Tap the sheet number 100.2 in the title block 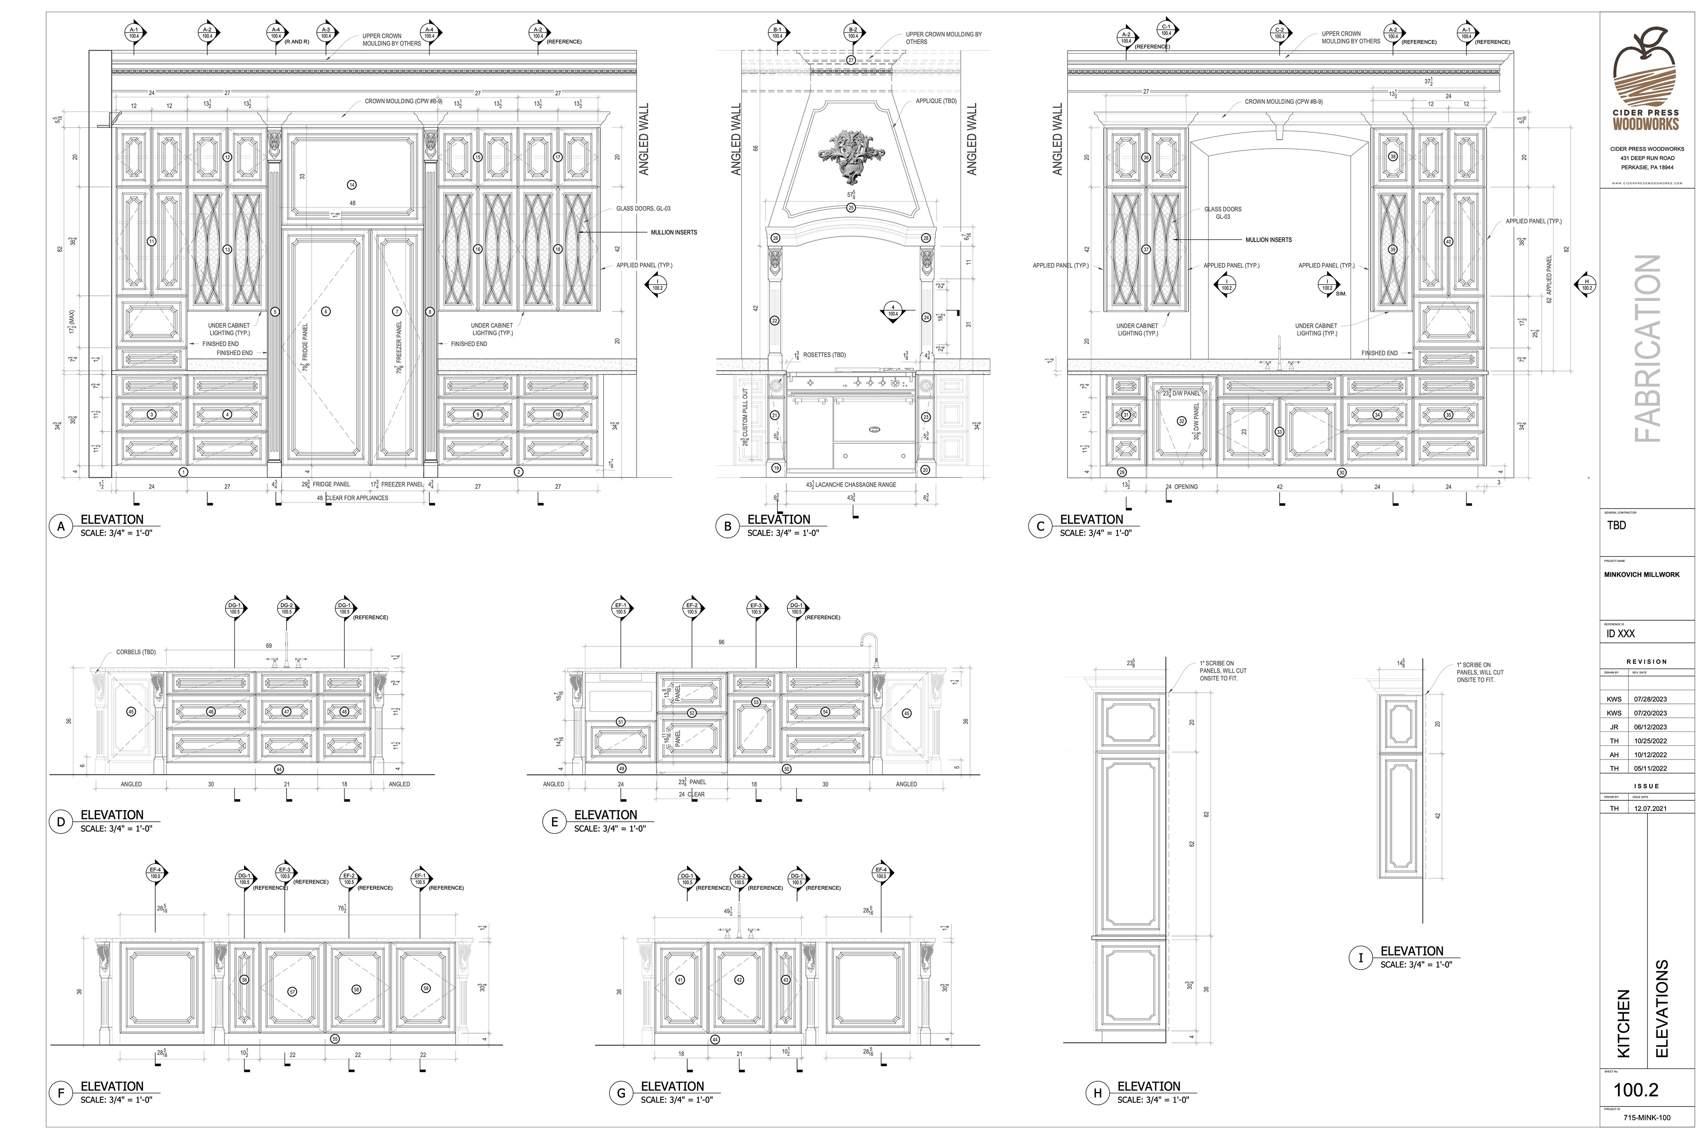(1635, 1090)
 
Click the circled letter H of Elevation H (1097, 1093)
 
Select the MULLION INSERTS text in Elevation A (673, 232)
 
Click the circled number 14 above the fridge (352, 185)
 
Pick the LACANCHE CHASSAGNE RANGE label (855, 485)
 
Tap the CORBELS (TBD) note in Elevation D (136, 652)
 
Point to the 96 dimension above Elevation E (721, 642)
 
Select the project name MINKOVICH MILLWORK (1641, 574)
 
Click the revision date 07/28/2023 (1650, 699)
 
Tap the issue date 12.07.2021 (1650, 808)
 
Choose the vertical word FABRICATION (1646, 349)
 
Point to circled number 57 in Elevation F (292, 992)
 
